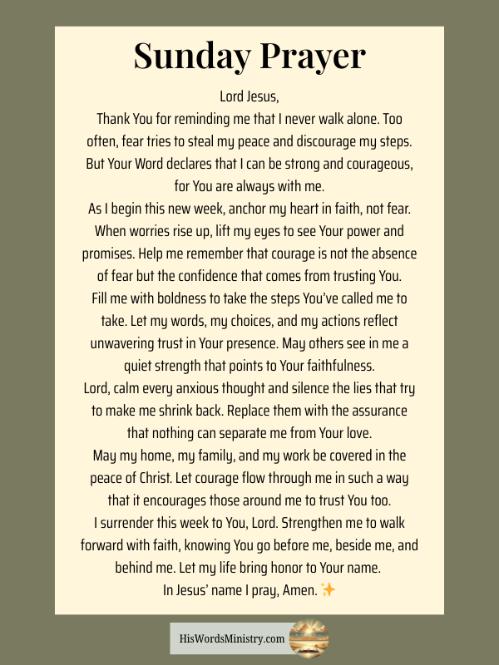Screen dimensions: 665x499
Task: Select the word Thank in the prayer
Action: pos(114,119)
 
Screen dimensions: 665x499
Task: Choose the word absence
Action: pos(391,254)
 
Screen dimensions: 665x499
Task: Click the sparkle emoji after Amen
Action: pos(328,590)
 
